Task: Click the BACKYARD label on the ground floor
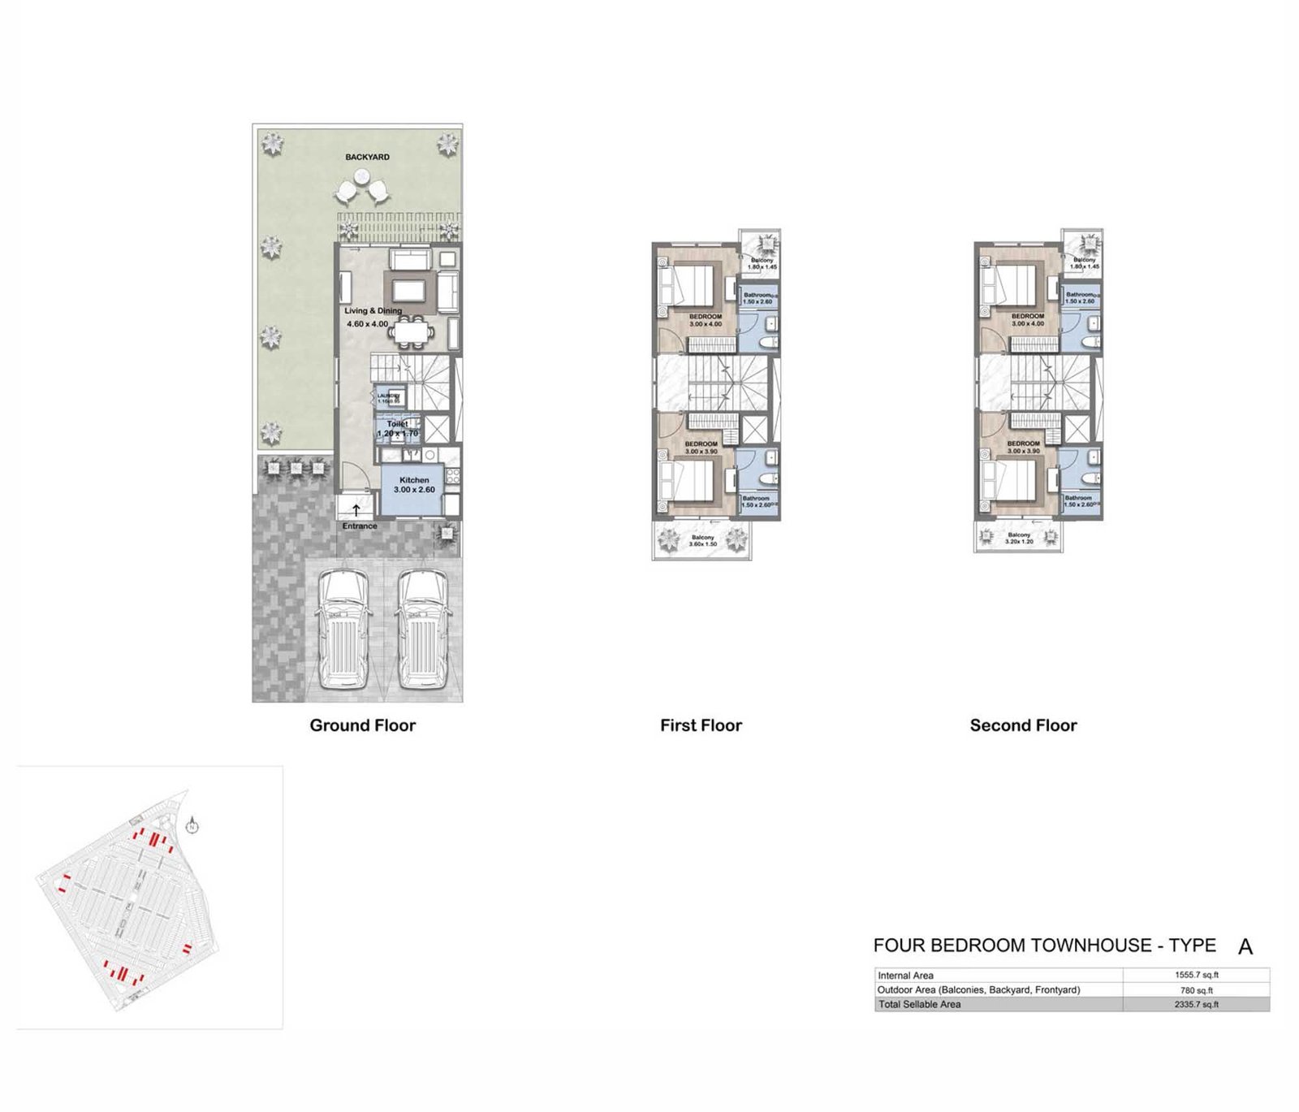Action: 367,157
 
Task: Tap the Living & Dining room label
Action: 373,311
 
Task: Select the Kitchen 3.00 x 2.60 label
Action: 414,485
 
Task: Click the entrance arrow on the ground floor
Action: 356,511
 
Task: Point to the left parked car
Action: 343,630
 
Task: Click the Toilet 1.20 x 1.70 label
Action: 398,429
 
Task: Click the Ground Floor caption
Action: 362,725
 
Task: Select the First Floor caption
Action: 701,725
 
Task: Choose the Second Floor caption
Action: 1023,725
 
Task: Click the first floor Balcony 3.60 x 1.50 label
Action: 702,541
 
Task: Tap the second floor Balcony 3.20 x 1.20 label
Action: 1019,539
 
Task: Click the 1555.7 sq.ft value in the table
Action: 1196,975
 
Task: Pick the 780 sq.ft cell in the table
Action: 1196,990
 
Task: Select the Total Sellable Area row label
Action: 919,1005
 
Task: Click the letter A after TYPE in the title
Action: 1245,947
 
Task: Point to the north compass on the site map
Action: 192,827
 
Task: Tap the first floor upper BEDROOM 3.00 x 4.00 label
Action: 705,320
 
